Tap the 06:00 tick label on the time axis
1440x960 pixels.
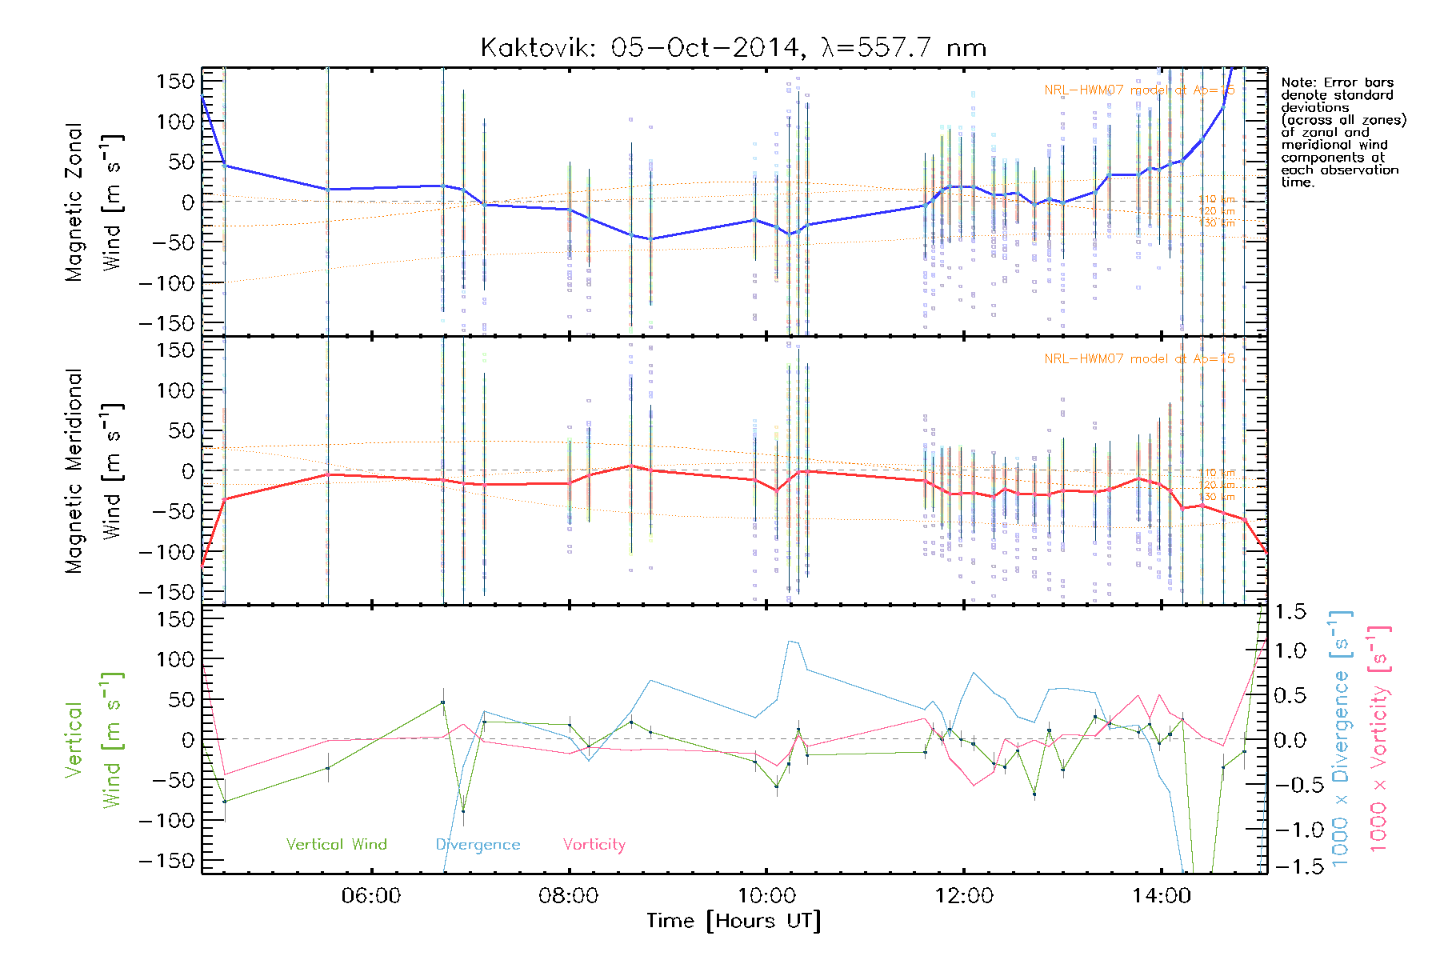coord(370,896)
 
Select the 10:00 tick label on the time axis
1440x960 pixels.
coord(766,896)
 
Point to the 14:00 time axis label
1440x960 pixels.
coord(1161,896)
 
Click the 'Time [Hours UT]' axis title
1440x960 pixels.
coord(734,922)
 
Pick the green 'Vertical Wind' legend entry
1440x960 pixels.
coord(336,845)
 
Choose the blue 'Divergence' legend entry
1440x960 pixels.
coord(478,845)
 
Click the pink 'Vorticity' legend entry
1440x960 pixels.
coord(594,845)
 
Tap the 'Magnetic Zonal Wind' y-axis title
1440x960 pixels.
coord(94,202)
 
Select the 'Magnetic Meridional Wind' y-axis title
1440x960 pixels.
coord(94,470)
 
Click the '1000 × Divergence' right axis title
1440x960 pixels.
coord(1341,738)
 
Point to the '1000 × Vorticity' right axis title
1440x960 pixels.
coord(1379,738)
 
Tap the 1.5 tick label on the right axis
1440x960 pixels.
coord(1290,612)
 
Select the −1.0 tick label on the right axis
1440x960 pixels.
coord(1289,830)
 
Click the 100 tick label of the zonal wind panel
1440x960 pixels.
coord(175,122)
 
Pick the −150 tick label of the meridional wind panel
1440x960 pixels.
coord(166,592)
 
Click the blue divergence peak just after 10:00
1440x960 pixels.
coord(790,641)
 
